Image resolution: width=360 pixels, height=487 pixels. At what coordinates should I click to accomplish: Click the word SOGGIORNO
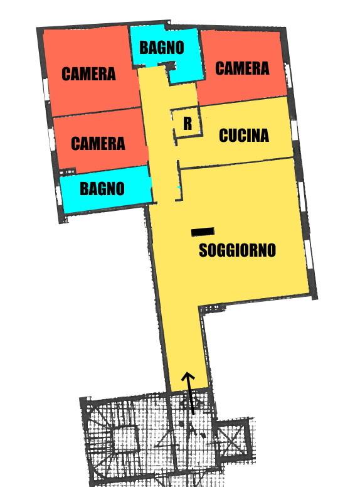(237, 250)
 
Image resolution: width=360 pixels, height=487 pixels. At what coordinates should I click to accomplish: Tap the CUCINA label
(243, 136)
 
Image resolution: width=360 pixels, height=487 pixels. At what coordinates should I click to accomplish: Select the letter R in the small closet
(188, 124)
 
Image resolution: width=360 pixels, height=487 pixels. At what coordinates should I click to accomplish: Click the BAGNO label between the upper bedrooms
(161, 47)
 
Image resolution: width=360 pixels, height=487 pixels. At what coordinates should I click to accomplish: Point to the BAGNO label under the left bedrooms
(102, 188)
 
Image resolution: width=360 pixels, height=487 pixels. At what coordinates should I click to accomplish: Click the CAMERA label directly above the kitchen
(242, 68)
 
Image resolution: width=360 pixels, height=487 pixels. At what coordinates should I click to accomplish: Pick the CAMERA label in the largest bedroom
(88, 74)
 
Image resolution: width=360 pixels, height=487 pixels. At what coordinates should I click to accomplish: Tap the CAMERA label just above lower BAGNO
(98, 143)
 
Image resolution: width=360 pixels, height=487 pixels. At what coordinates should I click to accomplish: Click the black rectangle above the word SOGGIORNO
(203, 232)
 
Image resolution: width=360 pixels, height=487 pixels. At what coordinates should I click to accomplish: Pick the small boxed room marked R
(188, 123)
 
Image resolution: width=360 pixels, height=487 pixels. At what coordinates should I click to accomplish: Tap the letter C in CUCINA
(223, 136)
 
